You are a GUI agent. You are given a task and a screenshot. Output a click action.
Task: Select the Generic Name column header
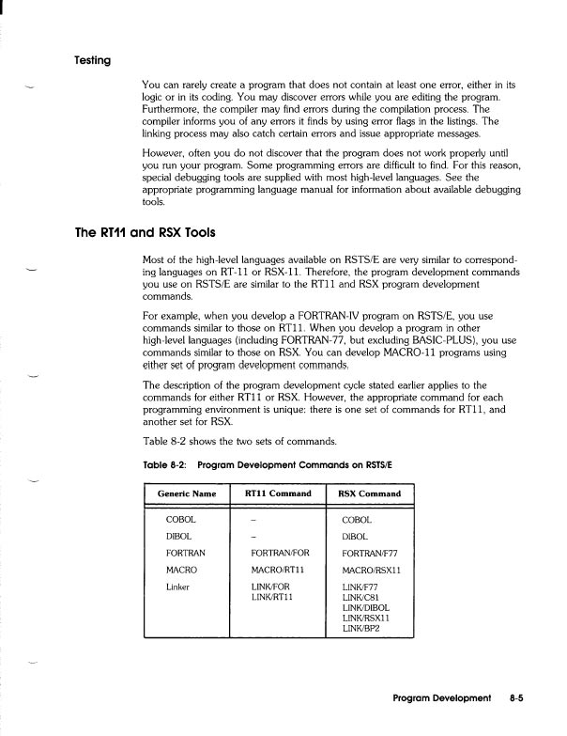(188, 493)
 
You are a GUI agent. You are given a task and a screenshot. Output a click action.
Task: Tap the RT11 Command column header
(278, 493)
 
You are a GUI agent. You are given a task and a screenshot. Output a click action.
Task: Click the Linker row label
(178, 587)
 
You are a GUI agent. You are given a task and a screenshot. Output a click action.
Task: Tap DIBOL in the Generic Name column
(179, 536)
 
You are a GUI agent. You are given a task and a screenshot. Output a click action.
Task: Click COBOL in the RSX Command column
(358, 519)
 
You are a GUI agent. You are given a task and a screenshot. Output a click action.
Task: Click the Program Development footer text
(442, 699)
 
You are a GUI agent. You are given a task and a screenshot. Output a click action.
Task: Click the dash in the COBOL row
(254, 519)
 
